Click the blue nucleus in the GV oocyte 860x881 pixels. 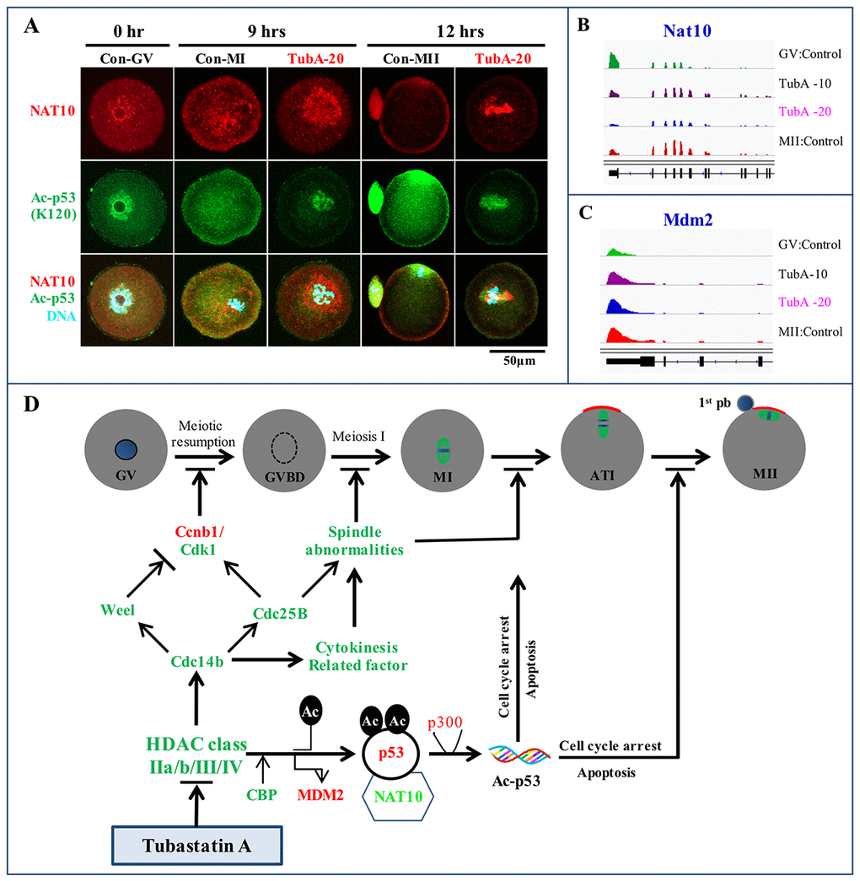[x=126, y=447]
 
